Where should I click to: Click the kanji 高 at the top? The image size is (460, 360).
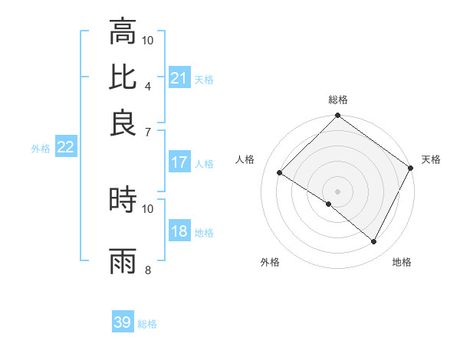point(123,32)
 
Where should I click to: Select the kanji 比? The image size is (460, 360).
point(123,77)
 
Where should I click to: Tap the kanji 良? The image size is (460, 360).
point(123,123)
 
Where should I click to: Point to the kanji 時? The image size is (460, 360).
point(123,200)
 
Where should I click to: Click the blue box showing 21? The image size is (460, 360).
point(179,78)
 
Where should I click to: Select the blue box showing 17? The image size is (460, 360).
point(179,162)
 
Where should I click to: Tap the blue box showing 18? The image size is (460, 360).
point(179,232)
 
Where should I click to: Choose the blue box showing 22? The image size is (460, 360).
point(65,147)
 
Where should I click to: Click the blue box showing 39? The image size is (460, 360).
point(123,322)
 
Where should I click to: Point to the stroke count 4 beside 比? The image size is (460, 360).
point(148,85)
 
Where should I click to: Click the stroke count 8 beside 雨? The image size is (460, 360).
point(148,270)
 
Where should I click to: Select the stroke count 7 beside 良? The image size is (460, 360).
point(148,131)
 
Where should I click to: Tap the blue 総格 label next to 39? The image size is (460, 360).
point(147,324)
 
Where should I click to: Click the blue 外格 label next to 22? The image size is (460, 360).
point(41,149)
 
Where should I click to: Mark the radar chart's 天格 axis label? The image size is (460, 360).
point(431,159)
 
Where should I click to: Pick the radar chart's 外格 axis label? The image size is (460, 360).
point(270,262)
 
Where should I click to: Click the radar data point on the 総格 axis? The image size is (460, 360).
point(337,116)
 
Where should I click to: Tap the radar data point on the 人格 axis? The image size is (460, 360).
point(280,172)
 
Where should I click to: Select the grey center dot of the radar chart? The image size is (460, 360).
point(337,191)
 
